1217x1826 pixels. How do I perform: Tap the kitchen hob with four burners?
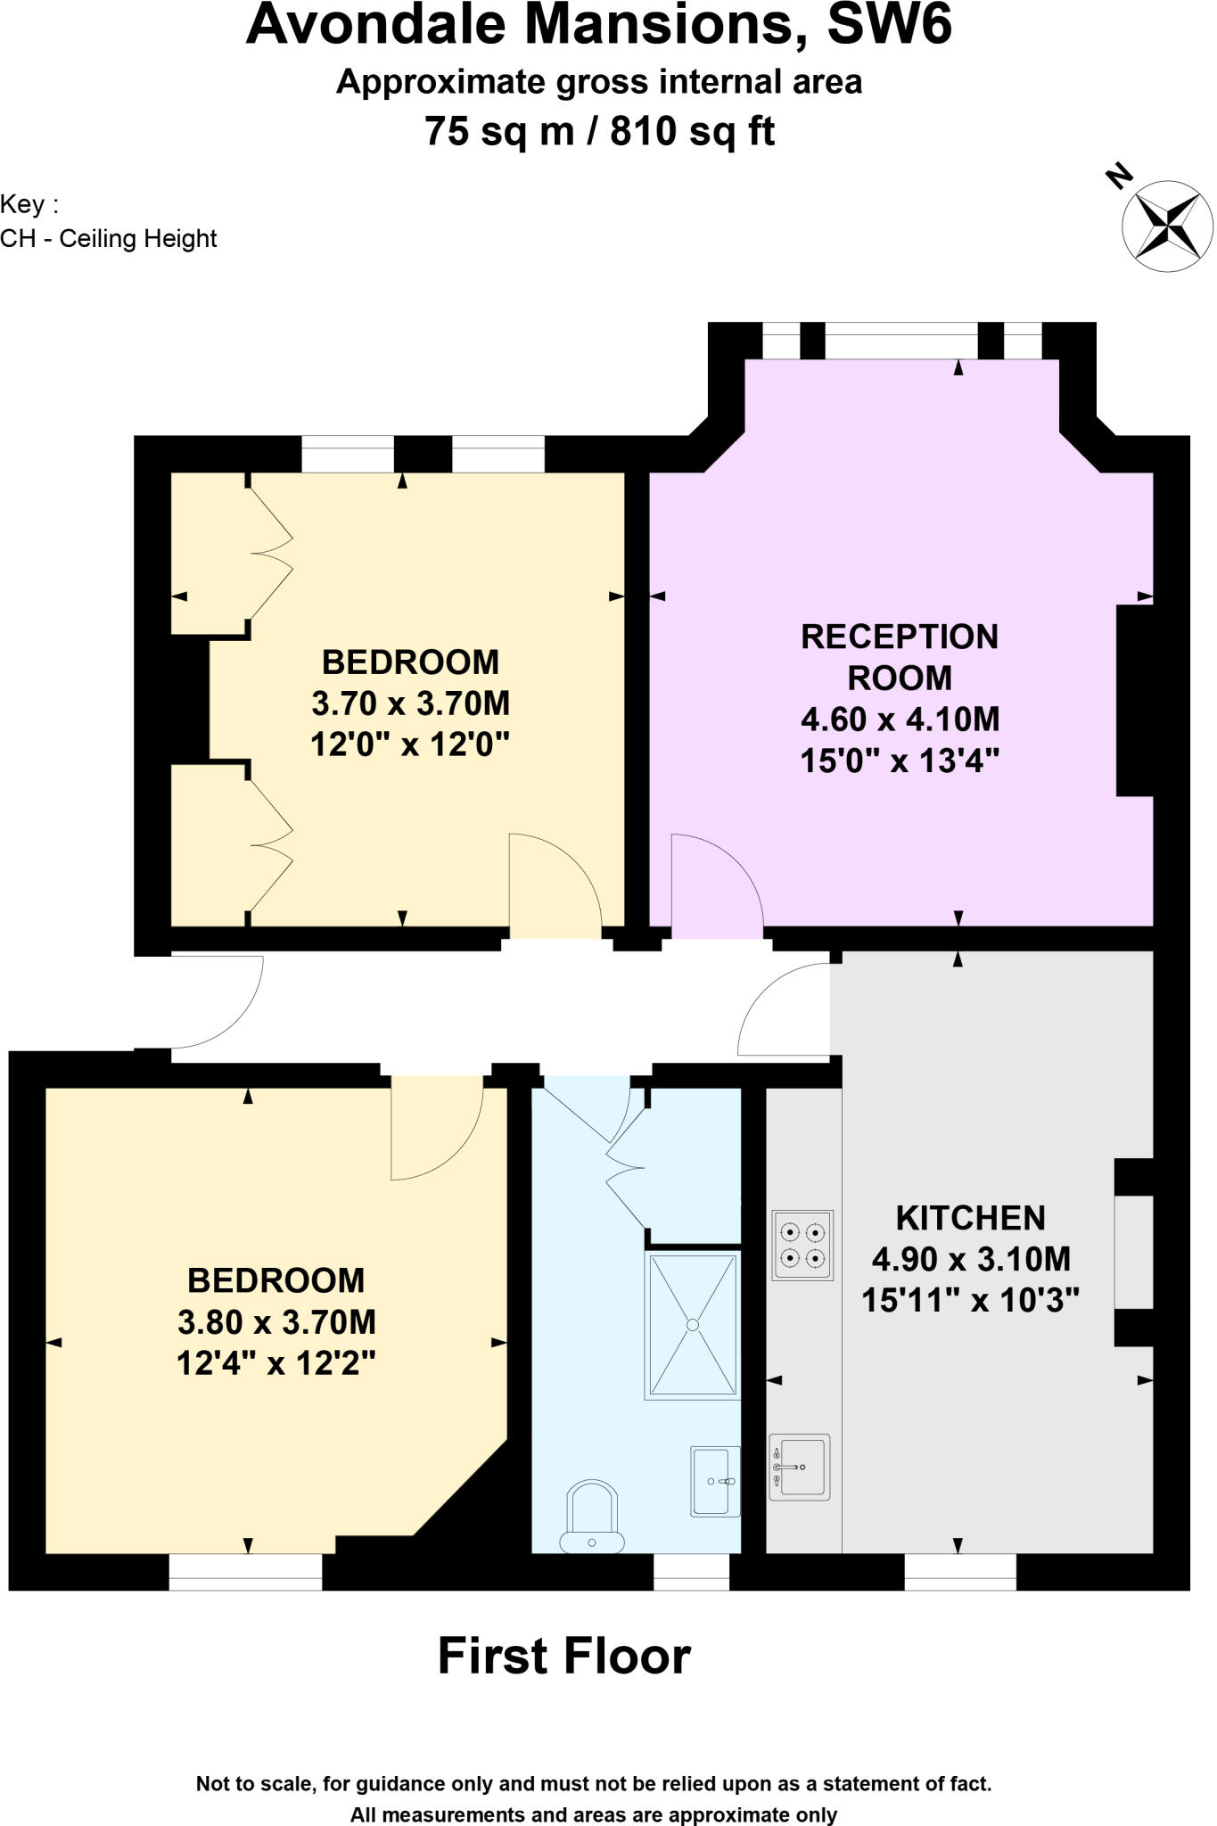802,1246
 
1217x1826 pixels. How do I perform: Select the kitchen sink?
800,1467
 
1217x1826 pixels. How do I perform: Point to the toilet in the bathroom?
591,1516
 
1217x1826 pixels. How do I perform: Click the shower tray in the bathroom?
693,1325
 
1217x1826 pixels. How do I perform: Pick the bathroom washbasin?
715,1481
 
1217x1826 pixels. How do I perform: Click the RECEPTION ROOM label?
899,657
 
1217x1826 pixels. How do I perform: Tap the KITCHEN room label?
970,1218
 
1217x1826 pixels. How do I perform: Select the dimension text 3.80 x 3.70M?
276,1321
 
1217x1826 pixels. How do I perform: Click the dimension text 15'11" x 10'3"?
970,1300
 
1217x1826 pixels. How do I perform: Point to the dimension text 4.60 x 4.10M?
900,719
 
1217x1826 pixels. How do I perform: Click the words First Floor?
564,1657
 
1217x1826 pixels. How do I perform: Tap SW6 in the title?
889,25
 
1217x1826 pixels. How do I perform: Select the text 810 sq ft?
692,131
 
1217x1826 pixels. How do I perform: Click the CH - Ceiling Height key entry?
109,239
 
